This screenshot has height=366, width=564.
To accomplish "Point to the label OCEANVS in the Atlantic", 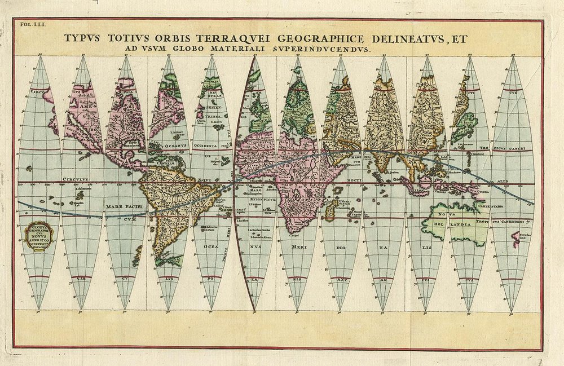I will coord(169,134).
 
